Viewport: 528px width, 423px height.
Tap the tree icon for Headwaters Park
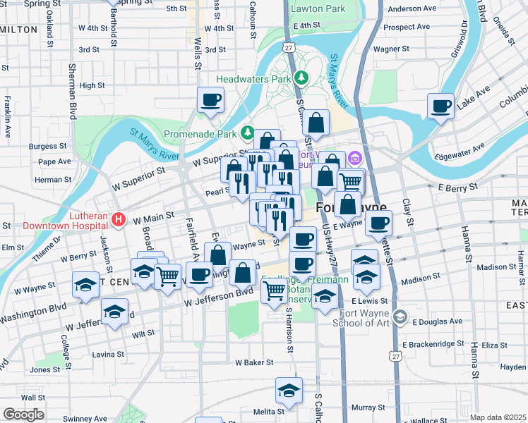point(301,77)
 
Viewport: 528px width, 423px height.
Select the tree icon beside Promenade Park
point(247,131)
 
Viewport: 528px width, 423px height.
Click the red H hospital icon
point(119,219)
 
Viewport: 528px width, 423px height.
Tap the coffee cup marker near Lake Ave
point(441,106)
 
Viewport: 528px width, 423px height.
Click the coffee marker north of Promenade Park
point(210,100)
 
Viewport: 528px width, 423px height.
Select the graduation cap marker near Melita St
point(289,390)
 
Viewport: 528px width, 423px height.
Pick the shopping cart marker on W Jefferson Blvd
point(275,290)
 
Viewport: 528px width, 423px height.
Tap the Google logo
point(23,415)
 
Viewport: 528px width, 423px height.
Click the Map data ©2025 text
point(498,417)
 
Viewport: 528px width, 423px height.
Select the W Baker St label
point(254,362)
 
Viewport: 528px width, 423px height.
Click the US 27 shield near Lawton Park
point(289,47)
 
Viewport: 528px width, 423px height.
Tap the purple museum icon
point(354,157)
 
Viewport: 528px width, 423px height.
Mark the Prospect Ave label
point(406,27)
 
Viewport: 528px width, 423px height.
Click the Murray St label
point(368,407)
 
